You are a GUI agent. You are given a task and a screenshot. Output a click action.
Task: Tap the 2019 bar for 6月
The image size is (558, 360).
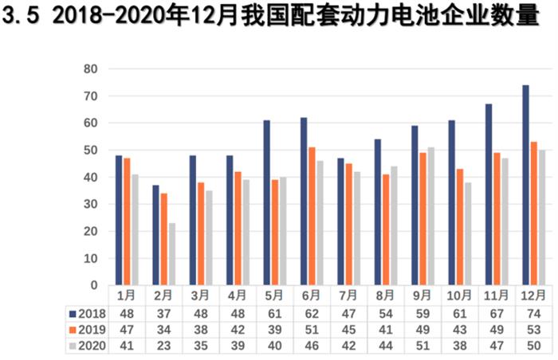[312, 216]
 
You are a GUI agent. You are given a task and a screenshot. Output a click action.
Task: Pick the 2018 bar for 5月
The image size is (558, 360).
[266, 202]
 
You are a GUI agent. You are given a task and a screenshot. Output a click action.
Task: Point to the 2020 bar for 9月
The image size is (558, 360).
[431, 216]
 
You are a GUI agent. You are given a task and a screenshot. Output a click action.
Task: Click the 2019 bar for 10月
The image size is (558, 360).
[459, 227]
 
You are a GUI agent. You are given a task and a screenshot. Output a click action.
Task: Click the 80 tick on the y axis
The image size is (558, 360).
[90, 69]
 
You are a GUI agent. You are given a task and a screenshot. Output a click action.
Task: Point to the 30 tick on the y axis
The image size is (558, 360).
[90, 204]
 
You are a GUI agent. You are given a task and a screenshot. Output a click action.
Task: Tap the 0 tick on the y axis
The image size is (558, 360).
[93, 285]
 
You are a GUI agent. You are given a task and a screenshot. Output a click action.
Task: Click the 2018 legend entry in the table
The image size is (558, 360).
[88, 312]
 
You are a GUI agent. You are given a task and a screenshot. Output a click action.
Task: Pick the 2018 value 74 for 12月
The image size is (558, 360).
[532, 312]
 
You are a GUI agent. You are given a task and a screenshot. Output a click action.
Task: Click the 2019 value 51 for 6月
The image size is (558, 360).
[311, 330]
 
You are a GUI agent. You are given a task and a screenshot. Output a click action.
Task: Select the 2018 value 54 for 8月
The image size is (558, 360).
[384, 312]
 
